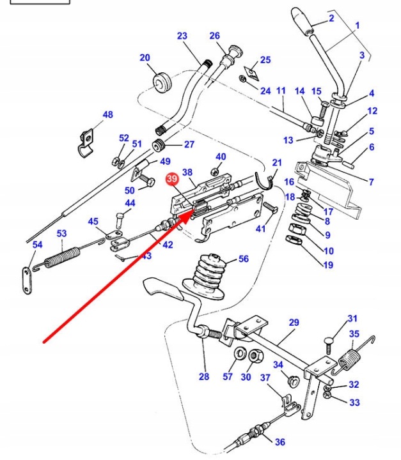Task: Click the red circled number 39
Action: pyautogui.click(x=172, y=179)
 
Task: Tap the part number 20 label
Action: pyautogui.click(x=145, y=57)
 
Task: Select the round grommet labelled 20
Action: pyautogui.click(x=162, y=82)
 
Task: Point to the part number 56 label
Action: pyautogui.click(x=243, y=259)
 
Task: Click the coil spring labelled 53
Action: pyautogui.click(x=62, y=257)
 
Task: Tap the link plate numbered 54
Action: pyautogui.click(x=27, y=280)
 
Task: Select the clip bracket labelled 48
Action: pyautogui.click(x=86, y=143)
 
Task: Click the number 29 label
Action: pyautogui.click(x=294, y=323)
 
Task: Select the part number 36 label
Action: pyautogui.click(x=280, y=442)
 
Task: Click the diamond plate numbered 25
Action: pyautogui.click(x=251, y=73)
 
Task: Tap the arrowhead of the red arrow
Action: pyautogui.click(x=189, y=215)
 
